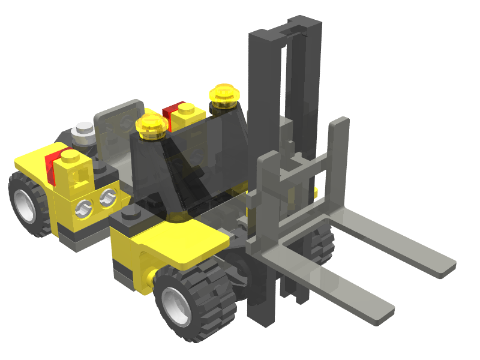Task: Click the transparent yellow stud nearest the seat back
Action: click(x=153, y=125)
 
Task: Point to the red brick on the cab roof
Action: click(x=170, y=114)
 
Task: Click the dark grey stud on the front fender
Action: click(x=131, y=214)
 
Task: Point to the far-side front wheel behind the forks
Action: click(x=324, y=243)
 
